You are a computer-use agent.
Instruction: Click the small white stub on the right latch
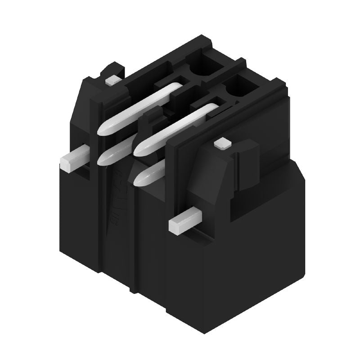coord(221,144)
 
